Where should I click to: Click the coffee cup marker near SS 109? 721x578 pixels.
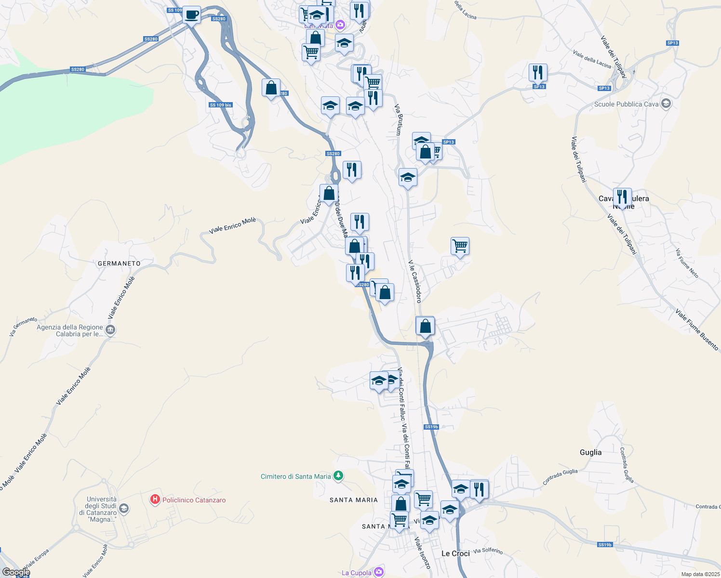191,14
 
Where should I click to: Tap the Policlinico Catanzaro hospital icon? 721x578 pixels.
155,499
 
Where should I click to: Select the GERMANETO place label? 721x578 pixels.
119,263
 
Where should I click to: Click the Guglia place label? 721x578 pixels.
590,452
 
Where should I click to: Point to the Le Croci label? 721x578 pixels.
455,553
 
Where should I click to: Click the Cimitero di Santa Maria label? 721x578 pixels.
296,476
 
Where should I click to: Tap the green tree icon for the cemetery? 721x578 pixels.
338,476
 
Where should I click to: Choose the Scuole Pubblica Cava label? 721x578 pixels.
626,104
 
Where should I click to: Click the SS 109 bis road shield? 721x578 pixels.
221,105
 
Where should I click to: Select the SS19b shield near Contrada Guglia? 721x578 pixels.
604,545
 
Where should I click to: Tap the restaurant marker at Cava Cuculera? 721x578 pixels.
622,197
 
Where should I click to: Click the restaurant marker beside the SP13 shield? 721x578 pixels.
538,72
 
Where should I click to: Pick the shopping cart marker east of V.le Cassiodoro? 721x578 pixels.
460,246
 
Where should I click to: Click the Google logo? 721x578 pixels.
16,572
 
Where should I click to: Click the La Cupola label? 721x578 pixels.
357,573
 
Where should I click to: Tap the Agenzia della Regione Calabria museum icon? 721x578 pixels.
110,330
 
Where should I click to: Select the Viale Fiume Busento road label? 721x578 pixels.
696,330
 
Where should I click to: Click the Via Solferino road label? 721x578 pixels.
488,551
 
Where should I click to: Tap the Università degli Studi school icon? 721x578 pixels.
124,509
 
